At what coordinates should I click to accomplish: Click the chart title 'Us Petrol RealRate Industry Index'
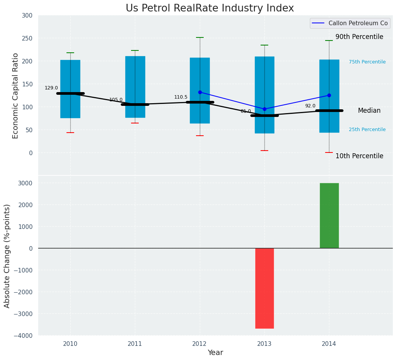click(x=210, y=8)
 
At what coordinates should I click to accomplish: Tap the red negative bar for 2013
click(x=264, y=288)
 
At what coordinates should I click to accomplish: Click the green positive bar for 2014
click(x=329, y=216)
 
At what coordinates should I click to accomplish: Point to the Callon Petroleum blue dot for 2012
click(x=200, y=92)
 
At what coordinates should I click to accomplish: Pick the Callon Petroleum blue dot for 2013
click(x=264, y=109)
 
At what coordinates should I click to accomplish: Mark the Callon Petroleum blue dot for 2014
click(x=329, y=95)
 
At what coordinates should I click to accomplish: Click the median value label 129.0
click(x=51, y=88)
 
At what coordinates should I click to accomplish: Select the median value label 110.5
click(x=181, y=97)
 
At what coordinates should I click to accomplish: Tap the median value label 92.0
click(x=310, y=106)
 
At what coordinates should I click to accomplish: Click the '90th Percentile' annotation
click(x=359, y=37)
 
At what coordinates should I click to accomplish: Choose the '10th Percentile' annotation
click(x=359, y=156)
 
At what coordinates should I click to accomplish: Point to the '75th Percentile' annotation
click(x=367, y=62)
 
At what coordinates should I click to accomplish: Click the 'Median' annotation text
click(x=369, y=110)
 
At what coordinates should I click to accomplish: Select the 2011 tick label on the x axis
click(x=135, y=344)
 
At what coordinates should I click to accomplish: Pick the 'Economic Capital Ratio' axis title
click(x=16, y=96)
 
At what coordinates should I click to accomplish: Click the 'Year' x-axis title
click(x=215, y=353)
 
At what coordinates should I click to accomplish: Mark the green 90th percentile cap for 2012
click(x=200, y=37)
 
